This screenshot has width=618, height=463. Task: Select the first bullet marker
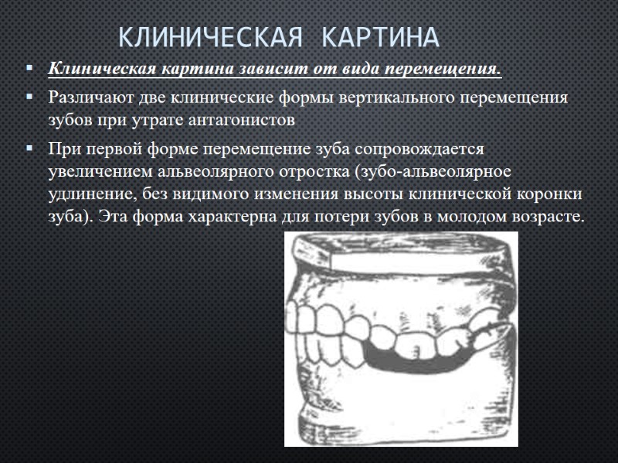[29, 69]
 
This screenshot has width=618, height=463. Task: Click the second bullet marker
[29, 98]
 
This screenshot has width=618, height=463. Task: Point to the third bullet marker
[29, 147]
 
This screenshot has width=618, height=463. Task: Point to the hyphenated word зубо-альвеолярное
[445, 170]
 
